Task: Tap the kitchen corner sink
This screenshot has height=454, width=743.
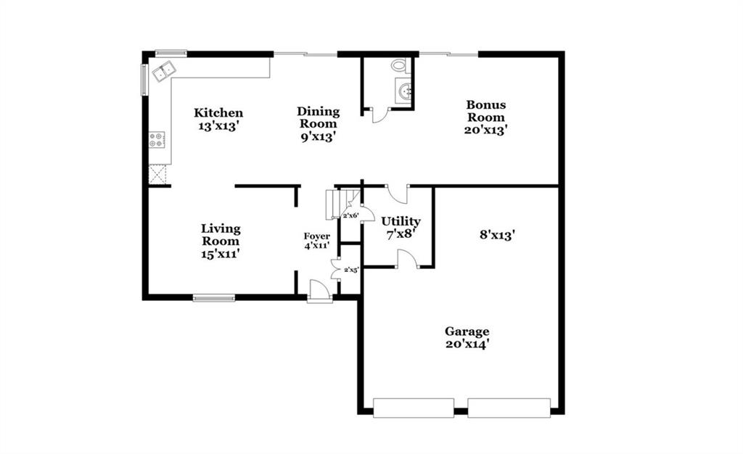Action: click(164, 72)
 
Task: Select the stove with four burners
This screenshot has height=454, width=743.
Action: click(157, 139)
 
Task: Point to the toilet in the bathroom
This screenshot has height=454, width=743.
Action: click(400, 65)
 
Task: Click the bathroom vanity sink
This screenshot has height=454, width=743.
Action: click(403, 88)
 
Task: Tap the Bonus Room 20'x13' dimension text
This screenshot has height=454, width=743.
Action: click(485, 130)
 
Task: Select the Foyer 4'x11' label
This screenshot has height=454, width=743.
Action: click(317, 241)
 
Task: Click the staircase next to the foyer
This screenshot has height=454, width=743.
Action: click(340, 204)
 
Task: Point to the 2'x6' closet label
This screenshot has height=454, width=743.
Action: click(350, 215)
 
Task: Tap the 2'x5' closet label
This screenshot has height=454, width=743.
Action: click(351, 270)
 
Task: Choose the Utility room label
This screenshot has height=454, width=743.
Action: click(401, 228)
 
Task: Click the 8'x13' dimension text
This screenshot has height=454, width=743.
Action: click(497, 235)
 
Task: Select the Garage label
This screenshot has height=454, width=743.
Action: click(467, 337)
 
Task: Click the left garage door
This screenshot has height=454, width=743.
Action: click(414, 408)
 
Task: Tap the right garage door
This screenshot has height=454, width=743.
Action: click(509, 408)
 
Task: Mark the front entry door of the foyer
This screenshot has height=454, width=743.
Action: click(319, 291)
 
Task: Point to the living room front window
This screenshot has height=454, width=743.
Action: click(214, 298)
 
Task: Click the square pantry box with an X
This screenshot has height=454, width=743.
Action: click(158, 174)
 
